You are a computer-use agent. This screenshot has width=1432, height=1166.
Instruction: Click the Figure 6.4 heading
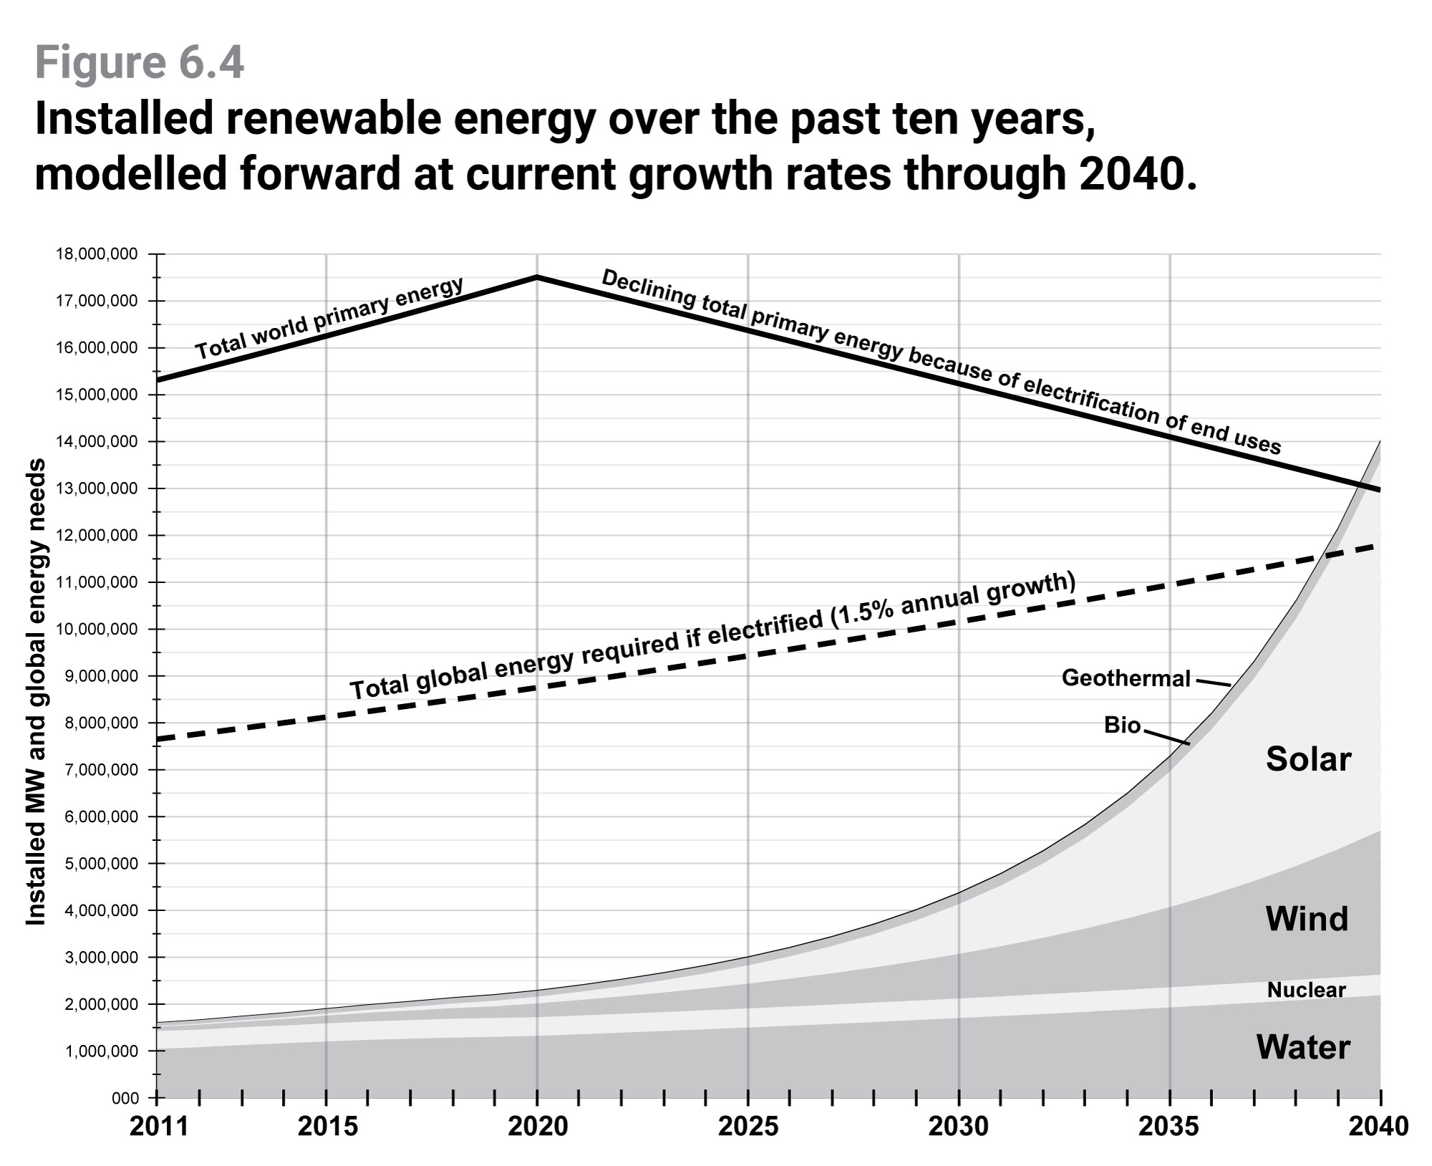coord(140,63)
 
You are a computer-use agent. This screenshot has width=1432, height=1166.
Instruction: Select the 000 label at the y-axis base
coord(125,1098)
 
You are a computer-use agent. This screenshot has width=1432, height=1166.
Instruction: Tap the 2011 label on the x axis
coord(158,1127)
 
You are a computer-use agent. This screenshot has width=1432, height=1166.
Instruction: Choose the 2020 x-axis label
coord(537,1127)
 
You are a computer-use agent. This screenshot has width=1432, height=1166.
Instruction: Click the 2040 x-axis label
coord(1378,1127)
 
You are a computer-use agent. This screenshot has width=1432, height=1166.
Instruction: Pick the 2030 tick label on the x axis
coord(958,1127)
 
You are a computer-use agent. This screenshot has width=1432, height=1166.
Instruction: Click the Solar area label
coord(1308,759)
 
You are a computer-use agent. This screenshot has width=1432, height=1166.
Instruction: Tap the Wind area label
coord(1307,919)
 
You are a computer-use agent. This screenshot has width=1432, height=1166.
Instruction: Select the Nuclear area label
coord(1306,991)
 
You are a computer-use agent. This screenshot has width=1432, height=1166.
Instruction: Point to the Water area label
coord(1303,1048)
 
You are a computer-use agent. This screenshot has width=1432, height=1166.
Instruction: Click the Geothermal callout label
coord(1126,678)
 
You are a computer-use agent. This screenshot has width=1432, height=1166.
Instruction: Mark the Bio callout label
coord(1122,725)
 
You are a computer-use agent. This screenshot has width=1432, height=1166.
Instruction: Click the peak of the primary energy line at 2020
coord(537,276)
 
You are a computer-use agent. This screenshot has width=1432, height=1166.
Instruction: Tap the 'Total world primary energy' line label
coord(330,318)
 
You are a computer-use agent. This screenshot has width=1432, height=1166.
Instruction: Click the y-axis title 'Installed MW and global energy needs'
coord(36,691)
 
